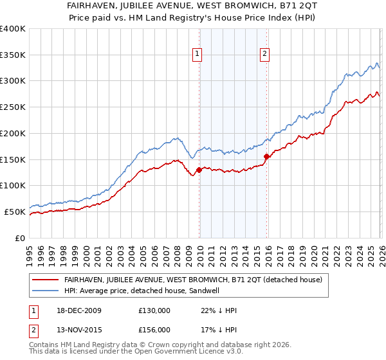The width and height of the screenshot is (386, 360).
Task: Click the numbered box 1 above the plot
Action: pos(197,55)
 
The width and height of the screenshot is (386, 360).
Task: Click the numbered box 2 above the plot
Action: pos(264,55)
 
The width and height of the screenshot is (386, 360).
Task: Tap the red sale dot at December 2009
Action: pos(199,170)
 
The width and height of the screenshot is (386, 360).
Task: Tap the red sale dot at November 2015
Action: pos(266,156)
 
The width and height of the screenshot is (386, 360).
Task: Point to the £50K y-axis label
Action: pos(15,212)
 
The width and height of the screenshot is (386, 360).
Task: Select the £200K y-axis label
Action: pos(13,133)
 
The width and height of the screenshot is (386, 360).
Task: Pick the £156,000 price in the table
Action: pos(154,330)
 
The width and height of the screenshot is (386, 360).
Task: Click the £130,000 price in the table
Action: pos(154,310)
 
